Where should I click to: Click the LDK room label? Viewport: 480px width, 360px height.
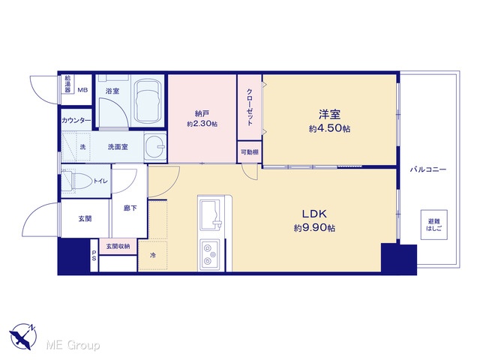click(314, 214)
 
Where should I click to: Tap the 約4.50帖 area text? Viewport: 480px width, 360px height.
click(329, 128)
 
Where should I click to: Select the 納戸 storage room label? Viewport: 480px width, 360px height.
click(202, 114)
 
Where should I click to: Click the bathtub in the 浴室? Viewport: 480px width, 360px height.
click(148, 101)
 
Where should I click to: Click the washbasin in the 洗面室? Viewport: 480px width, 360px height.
click(155, 147)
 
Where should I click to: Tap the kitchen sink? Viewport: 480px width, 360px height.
click(210, 214)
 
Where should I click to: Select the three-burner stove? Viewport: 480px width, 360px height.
click(210, 255)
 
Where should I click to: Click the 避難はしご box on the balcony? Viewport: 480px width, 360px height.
click(433, 225)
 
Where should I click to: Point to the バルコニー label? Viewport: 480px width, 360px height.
click(428, 169)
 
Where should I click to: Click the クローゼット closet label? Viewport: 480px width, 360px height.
click(250, 107)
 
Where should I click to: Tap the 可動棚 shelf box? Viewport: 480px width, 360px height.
click(250, 152)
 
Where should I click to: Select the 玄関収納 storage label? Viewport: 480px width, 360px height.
click(118, 246)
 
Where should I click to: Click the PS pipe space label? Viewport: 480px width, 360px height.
click(94, 255)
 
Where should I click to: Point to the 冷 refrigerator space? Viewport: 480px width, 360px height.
click(152, 255)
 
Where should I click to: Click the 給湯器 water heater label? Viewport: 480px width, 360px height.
click(67, 83)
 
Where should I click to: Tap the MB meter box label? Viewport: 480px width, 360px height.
click(82, 90)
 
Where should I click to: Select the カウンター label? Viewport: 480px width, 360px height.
click(76, 120)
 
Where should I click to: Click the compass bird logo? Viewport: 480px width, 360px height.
click(23, 336)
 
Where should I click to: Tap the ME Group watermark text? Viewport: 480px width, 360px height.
click(73, 345)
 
